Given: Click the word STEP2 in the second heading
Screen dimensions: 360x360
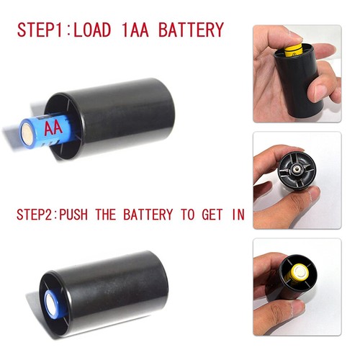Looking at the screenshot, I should pyautogui.click(x=35, y=214).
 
